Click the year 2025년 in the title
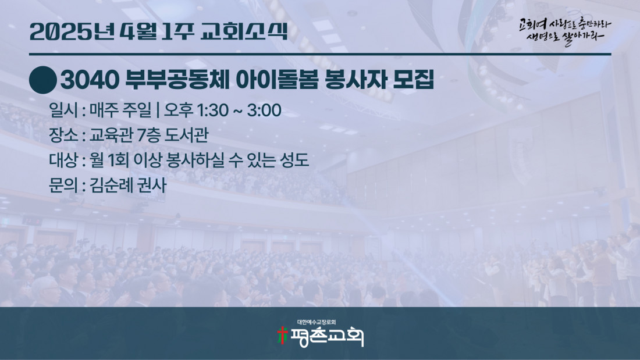tap(72, 31)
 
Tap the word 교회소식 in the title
tap(244, 31)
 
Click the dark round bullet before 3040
tap(43, 80)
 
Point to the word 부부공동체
tap(177, 80)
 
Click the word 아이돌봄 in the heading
tap(277, 80)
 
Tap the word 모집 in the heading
tap(413, 80)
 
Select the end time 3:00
tap(264, 110)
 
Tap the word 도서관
tap(187, 135)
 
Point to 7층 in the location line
tap(148, 135)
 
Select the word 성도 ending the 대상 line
tap(294, 160)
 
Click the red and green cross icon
tap(282, 335)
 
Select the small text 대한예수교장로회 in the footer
tap(317, 322)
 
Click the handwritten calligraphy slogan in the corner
tap(565, 31)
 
